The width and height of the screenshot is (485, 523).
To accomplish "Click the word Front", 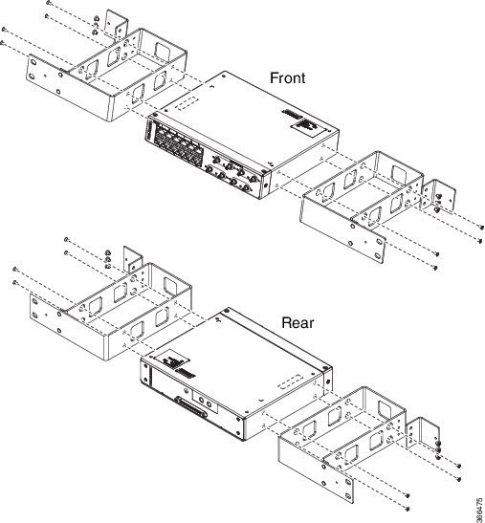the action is tap(287, 78).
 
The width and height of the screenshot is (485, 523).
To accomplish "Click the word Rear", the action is tap(298, 323).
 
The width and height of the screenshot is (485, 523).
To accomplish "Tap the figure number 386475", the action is tap(479, 510).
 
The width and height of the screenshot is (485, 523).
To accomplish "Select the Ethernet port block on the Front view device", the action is tap(178, 143).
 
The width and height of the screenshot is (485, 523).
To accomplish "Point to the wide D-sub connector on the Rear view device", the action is tap(191, 407).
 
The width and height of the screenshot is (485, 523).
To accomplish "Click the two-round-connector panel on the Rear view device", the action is tap(205, 403).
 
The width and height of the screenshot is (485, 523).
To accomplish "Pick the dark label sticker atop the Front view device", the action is tap(307, 127).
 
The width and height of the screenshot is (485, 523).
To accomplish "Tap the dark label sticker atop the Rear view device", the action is tap(173, 360).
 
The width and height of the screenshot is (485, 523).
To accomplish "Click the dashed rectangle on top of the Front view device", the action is tap(187, 103).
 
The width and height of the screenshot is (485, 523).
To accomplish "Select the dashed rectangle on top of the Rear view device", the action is tap(291, 382).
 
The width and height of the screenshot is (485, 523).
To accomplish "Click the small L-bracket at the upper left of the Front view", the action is tap(117, 25).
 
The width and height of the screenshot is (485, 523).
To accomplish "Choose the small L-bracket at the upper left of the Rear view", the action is tap(133, 260).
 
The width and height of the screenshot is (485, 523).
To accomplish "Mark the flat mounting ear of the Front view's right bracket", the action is tap(367, 240).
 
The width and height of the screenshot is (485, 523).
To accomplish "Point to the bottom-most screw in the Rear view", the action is tap(408, 509).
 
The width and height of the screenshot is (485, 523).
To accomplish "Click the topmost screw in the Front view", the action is tap(49, 3).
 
